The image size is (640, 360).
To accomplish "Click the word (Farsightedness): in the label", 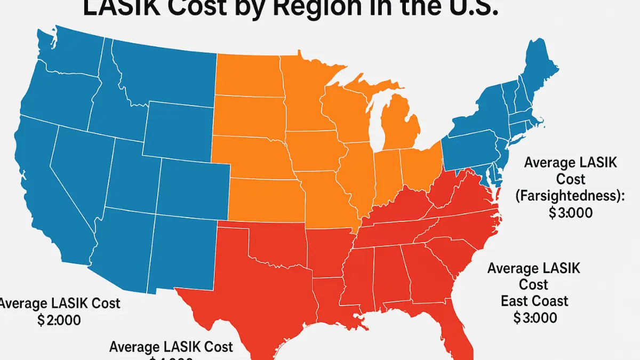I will [x=570, y=196].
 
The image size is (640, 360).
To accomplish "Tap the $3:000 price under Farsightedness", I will [x=570, y=212].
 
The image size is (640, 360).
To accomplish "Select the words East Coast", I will [x=534, y=301].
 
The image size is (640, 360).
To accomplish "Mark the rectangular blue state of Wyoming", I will [x=179, y=128].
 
